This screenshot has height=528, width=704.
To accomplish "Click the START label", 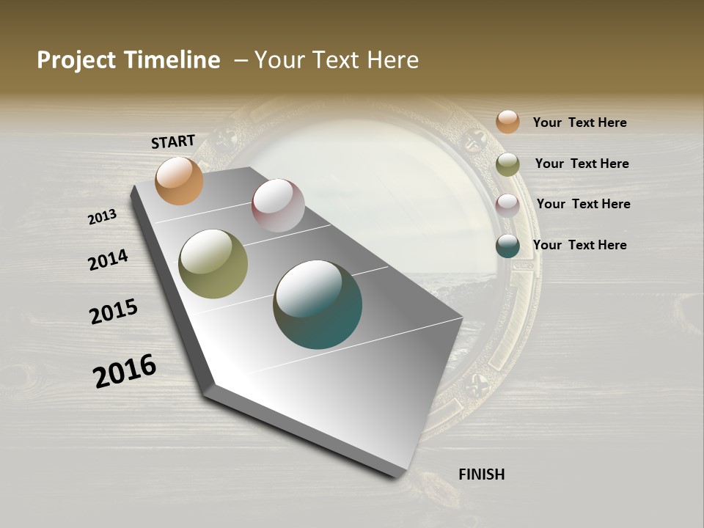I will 173,142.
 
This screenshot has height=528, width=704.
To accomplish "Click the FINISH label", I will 481,474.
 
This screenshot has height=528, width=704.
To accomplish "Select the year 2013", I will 103,217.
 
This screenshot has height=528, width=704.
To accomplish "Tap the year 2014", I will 108,260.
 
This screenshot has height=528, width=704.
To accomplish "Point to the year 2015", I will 114,312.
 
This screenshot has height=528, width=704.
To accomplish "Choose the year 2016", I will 125,371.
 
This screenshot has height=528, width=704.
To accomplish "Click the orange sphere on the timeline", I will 179,180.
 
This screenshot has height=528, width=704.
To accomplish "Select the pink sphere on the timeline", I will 278,205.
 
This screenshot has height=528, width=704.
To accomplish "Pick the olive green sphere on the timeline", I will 213,264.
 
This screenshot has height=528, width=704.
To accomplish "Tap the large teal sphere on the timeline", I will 318,304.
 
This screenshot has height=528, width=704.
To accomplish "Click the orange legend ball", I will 507,122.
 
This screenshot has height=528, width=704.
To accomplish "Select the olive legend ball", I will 507,164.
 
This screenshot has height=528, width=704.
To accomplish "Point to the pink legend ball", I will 507,205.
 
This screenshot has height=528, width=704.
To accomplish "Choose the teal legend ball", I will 507,246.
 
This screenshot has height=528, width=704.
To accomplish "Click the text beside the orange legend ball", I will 579,122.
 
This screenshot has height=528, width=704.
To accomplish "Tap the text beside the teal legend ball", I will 579,245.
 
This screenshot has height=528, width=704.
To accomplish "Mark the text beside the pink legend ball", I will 583,204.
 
